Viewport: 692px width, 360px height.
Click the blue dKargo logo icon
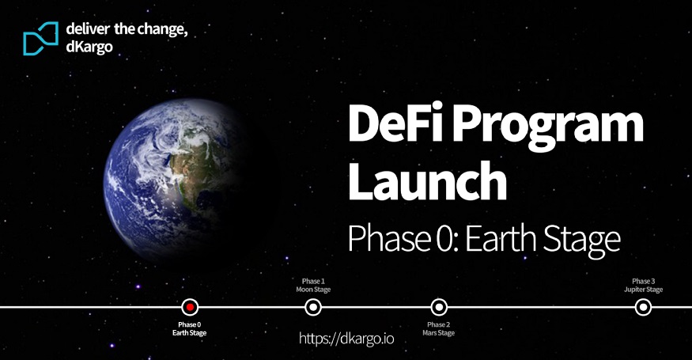[x=40, y=39]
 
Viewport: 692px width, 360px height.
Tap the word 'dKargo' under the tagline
[x=89, y=47]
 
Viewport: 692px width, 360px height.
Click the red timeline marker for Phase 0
[x=190, y=307]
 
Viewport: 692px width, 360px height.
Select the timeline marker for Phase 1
[x=313, y=307]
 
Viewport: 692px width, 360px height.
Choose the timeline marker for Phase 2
[x=439, y=307]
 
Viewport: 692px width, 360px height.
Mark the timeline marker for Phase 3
[x=643, y=307]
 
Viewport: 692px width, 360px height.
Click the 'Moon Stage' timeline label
[x=313, y=290]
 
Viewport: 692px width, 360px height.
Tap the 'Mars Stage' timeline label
[x=438, y=333]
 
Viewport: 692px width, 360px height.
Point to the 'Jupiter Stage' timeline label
[x=644, y=290]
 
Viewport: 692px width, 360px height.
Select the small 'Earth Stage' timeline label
[x=189, y=333]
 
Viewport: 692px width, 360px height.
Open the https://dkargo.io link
[x=346, y=339]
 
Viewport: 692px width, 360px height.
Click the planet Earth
[x=174, y=180]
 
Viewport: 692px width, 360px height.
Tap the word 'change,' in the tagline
[x=162, y=30]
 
